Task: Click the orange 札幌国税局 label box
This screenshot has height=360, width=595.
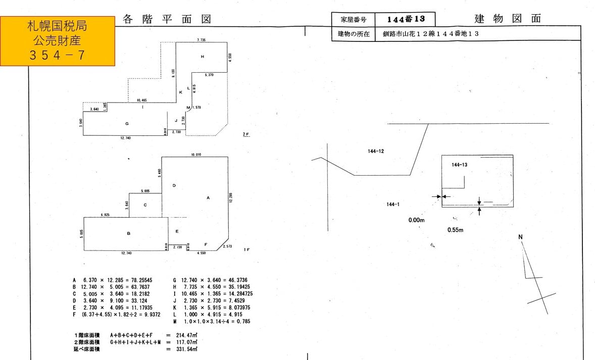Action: point(58,40)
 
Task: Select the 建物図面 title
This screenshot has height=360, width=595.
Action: point(508,19)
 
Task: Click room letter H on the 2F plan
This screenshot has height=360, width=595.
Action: point(202,57)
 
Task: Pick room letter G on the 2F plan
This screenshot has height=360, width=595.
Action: point(127,123)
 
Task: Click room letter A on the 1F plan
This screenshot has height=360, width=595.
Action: point(208,198)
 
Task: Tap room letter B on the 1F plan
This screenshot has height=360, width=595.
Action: point(129,234)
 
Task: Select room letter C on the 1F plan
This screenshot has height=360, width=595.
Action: point(145,205)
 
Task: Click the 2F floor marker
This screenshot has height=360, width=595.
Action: point(245,134)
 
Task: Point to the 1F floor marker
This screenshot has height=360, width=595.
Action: point(246,250)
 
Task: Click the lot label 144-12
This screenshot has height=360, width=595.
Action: point(376,151)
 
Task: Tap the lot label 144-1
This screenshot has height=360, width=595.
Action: point(392,204)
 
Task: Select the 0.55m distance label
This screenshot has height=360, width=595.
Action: point(455,230)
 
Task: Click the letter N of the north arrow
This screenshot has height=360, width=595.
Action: point(520,237)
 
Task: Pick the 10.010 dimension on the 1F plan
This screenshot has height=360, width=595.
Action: point(196,155)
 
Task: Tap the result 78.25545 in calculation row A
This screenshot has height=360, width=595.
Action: point(141,280)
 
